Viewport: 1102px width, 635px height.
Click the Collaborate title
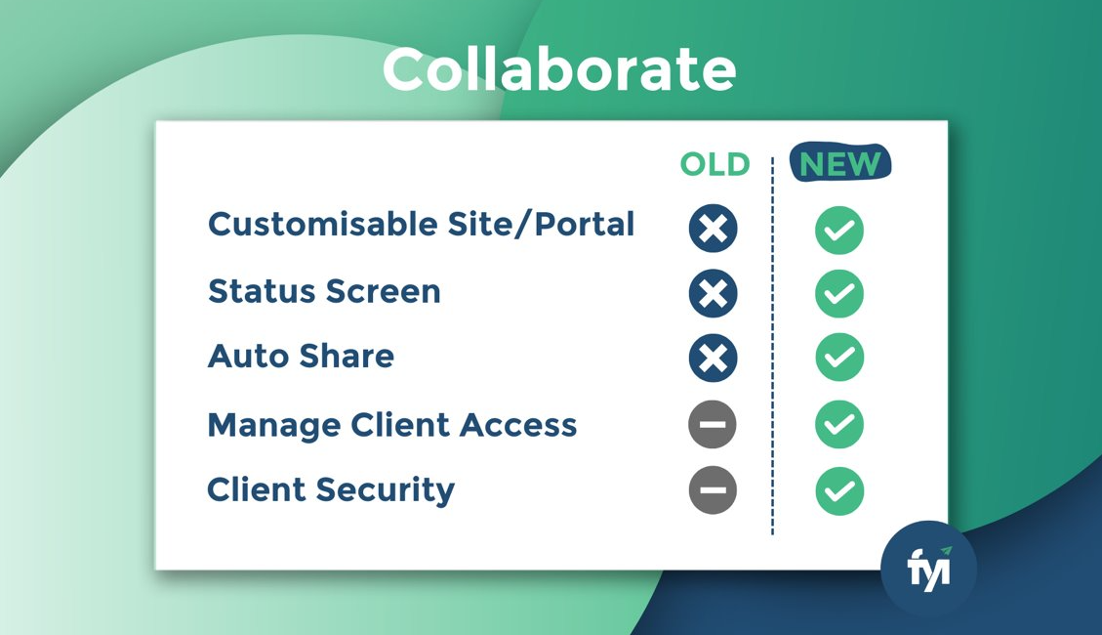(x=558, y=69)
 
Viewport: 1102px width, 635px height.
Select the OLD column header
(x=714, y=164)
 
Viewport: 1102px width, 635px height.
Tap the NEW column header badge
(x=839, y=163)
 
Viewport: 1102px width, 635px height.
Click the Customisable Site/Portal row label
(x=421, y=225)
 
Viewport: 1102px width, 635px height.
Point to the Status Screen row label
(x=324, y=291)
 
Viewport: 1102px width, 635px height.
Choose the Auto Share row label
(x=301, y=356)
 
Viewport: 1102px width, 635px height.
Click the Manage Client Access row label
(x=392, y=425)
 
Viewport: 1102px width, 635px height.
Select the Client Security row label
(x=331, y=490)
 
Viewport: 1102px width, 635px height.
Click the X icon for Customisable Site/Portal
(x=713, y=229)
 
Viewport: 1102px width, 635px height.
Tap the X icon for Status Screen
(x=713, y=292)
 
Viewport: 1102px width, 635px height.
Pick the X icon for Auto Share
(x=713, y=358)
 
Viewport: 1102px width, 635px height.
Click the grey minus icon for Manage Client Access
(x=713, y=424)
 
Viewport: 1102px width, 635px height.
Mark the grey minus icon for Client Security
(x=713, y=490)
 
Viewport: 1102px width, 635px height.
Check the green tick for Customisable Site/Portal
(x=839, y=230)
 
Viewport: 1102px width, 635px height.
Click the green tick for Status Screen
(x=839, y=293)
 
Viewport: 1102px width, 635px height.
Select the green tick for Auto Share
(x=839, y=358)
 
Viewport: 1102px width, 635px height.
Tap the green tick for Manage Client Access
(x=839, y=424)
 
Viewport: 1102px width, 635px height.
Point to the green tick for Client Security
(x=839, y=490)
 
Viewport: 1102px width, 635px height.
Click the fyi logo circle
(x=928, y=569)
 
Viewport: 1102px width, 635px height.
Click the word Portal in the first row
(x=584, y=225)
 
